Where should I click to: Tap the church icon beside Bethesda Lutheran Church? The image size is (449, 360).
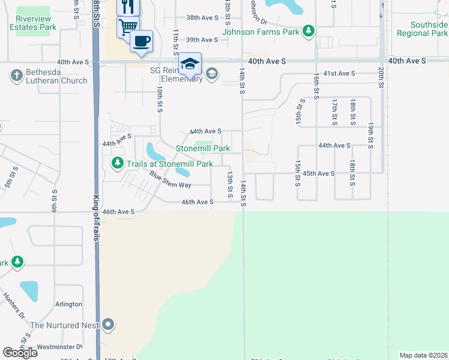tap(16, 76)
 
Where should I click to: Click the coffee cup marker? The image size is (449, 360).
tap(141, 41)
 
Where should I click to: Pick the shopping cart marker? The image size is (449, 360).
tap(128, 27)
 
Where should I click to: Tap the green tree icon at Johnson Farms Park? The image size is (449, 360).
tap(309, 31)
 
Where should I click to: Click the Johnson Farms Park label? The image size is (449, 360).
tap(261, 31)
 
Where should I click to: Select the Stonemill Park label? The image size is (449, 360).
tap(203, 148)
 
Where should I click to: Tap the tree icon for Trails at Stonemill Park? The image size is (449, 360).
tap(118, 163)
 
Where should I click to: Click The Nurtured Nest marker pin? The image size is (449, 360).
tap(108, 325)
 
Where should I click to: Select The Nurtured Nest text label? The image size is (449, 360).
tap(64, 325)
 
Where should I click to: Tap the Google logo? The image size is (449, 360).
tap(20, 352)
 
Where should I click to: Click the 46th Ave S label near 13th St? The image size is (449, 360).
tap(198, 202)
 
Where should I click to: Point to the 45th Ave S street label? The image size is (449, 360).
tap(318, 173)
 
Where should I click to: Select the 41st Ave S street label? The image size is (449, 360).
tap(339, 73)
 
